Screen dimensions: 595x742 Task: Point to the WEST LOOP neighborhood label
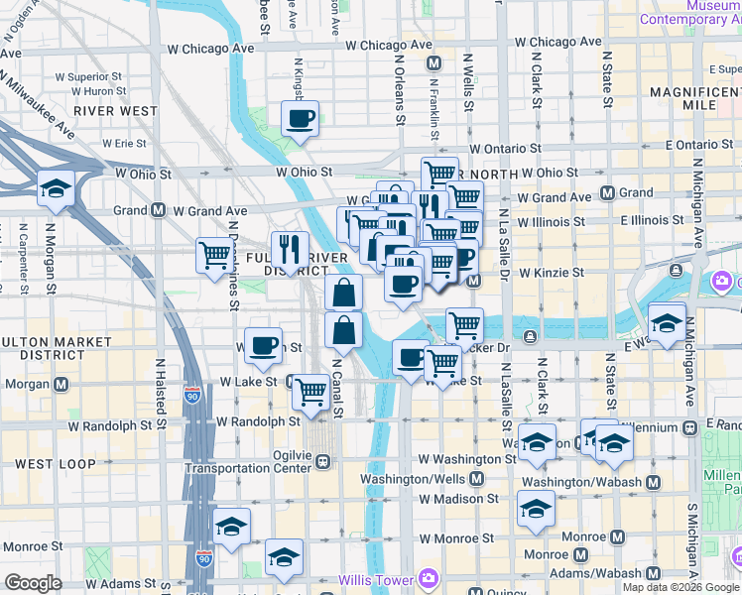pos(57,464)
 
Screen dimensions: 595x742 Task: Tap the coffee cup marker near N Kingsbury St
pos(300,120)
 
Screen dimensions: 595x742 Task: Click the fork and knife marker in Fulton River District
pos(290,248)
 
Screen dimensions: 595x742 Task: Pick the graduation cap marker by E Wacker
pos(668,322)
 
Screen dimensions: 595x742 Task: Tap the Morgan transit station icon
pos(62,384)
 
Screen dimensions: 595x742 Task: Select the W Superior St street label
pos(88,75)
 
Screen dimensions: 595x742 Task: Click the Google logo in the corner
pos(34,583)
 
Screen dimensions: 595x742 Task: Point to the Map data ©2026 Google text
pos(680,588)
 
